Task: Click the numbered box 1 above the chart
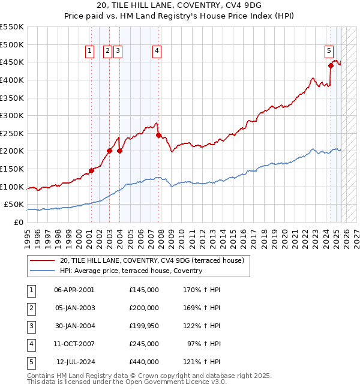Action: coord(89,52)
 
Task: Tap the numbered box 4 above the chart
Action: coord(156,52)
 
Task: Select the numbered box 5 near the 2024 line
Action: coord(329,52)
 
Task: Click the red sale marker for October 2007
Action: coord(158,135)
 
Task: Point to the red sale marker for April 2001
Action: coord(91,170)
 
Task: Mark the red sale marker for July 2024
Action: coord(331,66)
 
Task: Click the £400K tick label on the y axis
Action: coord(11,80)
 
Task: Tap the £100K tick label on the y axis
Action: coord(11,187)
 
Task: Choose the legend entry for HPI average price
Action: coord(131,271)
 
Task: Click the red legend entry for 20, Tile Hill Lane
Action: coord(151,261)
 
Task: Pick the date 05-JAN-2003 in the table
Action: coord(74,308)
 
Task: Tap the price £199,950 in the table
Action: coord(143,326)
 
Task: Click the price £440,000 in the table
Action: coord(143,362)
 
